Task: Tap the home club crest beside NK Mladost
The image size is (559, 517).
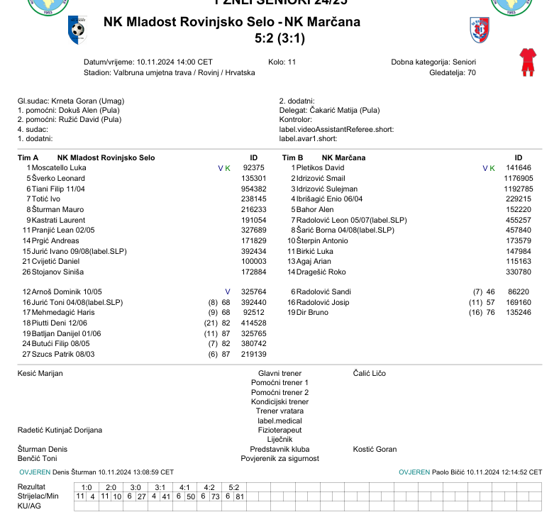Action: pyautogui.click(x=77, y=29)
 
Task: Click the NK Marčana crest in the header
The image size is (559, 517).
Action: pyautogui.click(x=480, y=29)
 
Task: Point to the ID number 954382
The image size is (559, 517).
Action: pyautogui.click(x=253, y=189)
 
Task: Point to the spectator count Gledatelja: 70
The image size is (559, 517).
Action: pyautogui.click(x=453, y=72)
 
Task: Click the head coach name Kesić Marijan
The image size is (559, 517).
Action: pyautogui.click(x=40, y=373)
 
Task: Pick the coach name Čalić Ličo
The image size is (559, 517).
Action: pyautogui.click(x=370, y=373)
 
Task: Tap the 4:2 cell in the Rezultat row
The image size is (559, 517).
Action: pyautogui.click(x=209, y=487)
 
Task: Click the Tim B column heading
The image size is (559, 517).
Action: pyautogui.click(x=293, y=157)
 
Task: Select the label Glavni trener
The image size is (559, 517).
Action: pyautogui.click(x=279, y=373)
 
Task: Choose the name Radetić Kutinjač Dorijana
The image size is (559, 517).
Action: pyautogui.click(x=60, y=430)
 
